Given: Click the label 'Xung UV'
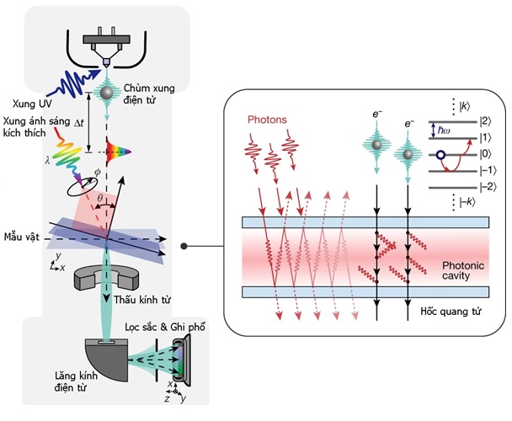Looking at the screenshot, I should pos(25,104).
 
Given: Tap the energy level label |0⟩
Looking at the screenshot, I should pos(486,154).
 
